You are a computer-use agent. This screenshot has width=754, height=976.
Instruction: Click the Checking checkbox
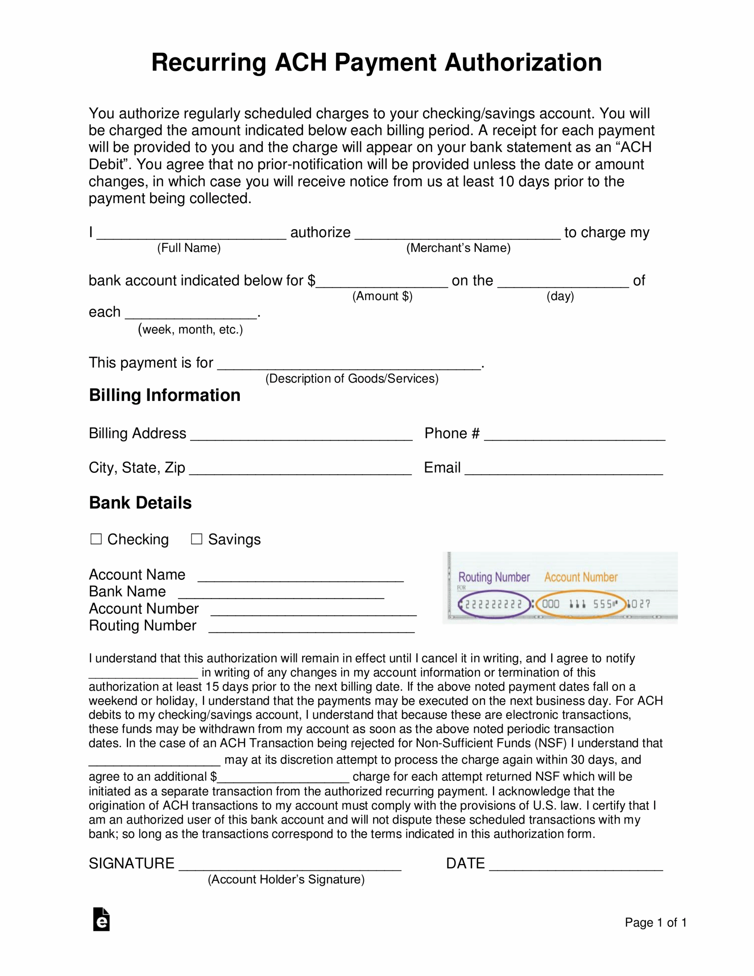point(96,539)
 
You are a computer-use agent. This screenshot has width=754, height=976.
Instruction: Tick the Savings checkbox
point(197,539)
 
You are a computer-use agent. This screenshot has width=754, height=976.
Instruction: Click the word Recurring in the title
point(209,62)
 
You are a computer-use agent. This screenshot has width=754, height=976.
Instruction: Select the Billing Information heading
point(164,395)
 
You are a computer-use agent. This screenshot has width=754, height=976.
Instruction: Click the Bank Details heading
point(140,503)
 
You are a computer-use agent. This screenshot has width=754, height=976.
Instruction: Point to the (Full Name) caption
point(189,248)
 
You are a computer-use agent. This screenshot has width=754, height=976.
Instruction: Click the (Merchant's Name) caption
point(458,248)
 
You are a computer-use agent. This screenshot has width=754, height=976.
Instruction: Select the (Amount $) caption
point(382,296)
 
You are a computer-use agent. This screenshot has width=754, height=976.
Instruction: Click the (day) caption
point(560,296)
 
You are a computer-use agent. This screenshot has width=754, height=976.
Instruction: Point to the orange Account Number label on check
point(581,577)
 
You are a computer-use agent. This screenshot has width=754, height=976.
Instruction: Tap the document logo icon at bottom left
point(101,920)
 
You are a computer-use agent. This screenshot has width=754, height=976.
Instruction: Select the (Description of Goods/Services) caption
point(352,379)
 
